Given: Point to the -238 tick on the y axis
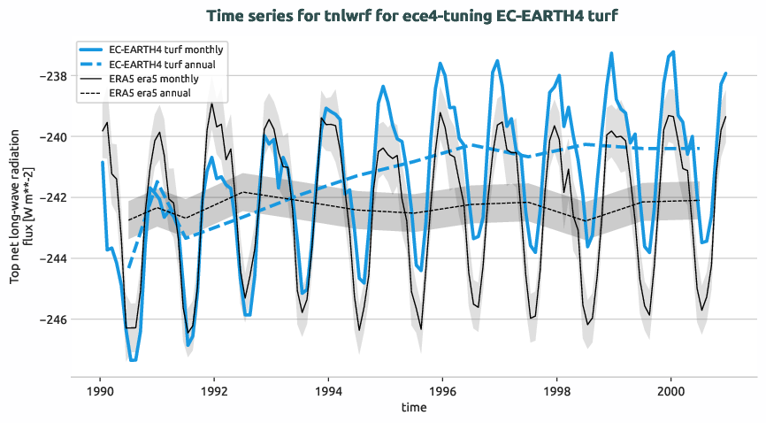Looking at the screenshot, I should pos(50,76).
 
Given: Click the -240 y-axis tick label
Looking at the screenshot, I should pos(50,137).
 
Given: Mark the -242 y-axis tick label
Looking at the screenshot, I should pos(50,197).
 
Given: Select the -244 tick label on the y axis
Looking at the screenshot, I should pos(50,258).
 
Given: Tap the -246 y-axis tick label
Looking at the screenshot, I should pos(50,319).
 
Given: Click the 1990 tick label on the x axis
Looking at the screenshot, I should pos(100,389).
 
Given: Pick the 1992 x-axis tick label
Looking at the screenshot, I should pos(214,389).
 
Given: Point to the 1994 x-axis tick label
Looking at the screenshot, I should pos(328,389).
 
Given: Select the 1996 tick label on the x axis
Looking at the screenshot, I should pos(442,389).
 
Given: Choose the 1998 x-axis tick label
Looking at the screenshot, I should pos(556,389).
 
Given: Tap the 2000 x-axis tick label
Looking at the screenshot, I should pos(670,389).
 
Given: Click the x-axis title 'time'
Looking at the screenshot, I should pos(413,408).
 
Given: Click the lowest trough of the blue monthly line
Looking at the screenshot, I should pos(133,360).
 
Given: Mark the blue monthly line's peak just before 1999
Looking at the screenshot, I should pos(611,53).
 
